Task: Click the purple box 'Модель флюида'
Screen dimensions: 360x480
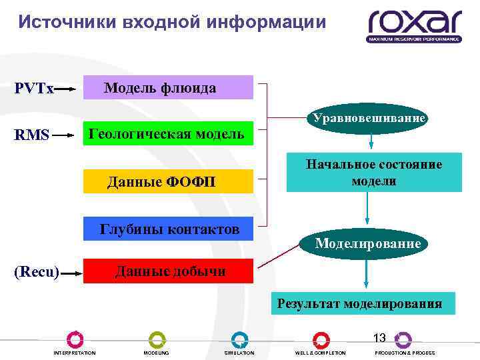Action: [x=168, y=88]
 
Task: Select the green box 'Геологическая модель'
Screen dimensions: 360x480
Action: [x=168, y=133]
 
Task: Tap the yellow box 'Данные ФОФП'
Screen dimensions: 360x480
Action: [x=168, y=181]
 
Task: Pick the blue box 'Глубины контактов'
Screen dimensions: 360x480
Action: [x=168, y=229]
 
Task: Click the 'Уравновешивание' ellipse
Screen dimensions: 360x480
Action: [x=366, y=119]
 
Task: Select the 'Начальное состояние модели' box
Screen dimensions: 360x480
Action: [x=373, y=173]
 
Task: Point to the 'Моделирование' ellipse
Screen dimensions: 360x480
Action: [x=367, y=243]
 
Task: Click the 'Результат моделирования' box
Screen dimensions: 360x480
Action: [x=360, y=304]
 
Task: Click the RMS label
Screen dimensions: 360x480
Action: [x=32, y=135]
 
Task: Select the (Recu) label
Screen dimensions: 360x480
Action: [x=37, y=272]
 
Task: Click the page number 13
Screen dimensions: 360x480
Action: [x=379, y=338]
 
